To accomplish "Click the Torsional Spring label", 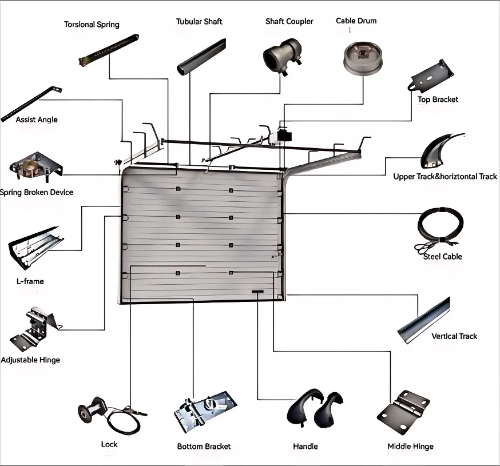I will click(x=92, y=25).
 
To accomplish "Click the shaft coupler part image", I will click(x=283, y=55).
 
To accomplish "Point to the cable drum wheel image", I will click(x=362, y=58).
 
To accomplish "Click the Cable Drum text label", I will click(x=356, y=21).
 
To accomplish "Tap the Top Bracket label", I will click(x=438, y=99).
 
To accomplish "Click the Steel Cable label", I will click(x=442, y=257).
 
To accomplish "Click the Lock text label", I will click(x=109, y=444).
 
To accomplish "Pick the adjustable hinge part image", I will click(x=34, y=328).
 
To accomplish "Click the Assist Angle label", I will click(x=37, y=120).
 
